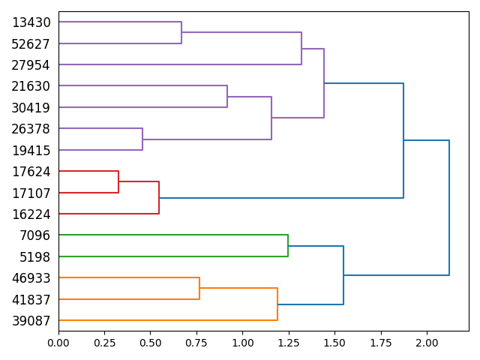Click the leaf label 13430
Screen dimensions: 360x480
[31, 22]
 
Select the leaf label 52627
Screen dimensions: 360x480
[31, 43]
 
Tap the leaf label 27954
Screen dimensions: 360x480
[31, 65]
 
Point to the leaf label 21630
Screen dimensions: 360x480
[31, 86]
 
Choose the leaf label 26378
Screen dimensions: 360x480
[31, 129]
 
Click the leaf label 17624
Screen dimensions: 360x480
[31, 172]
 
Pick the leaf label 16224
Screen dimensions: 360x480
[31, 214]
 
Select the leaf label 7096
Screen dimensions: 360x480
[34, 235]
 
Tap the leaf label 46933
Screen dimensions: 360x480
[31, 278]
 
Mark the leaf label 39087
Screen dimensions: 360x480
[31, 321]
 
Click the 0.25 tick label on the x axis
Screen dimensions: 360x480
[104, 342]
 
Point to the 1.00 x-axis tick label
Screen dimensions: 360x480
[242, 342]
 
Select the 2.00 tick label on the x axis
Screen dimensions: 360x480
[427, 342]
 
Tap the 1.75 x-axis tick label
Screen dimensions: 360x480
[381, 342]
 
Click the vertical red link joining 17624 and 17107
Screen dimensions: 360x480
[118, 182]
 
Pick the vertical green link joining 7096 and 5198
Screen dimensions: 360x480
[288, 246]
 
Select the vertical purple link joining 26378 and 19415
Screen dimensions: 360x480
[142, 139]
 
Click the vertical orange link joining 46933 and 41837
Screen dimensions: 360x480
[199, 289]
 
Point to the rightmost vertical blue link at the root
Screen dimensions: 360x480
[449, 208]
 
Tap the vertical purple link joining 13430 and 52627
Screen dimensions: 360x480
[181, 33]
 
